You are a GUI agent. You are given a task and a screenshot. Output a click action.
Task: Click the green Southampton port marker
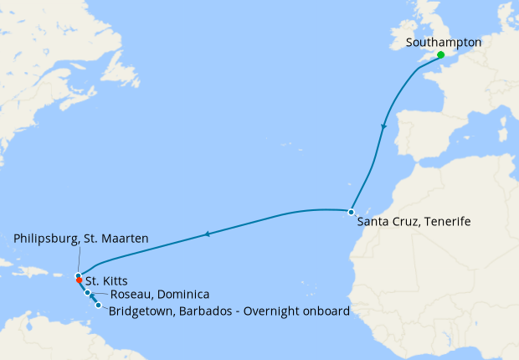point(441,54)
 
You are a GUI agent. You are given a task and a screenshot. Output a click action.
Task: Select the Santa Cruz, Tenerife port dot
point(351,212)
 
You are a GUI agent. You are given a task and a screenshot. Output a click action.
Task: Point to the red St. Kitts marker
point(79,280)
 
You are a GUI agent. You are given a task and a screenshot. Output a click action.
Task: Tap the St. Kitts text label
point(106,281)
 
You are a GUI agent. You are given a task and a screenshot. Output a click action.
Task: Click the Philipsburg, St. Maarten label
point(81,239)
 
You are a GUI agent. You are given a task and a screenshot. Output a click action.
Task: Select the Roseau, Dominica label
point(160,295)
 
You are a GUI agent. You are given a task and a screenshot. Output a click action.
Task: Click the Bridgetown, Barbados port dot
point(99,306)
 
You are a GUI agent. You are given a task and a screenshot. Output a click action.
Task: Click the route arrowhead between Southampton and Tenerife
point(384,127)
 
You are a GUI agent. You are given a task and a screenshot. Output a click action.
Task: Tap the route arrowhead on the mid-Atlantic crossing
point(206,236)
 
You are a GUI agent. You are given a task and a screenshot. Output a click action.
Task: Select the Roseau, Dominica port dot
point(88,293)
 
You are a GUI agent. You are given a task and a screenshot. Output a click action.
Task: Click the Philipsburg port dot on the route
point(77,275)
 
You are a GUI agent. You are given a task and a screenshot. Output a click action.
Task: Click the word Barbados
point(198,311)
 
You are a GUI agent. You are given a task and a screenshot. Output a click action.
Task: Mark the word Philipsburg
point(47,239)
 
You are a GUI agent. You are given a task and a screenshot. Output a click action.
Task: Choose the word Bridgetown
point(140,311)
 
